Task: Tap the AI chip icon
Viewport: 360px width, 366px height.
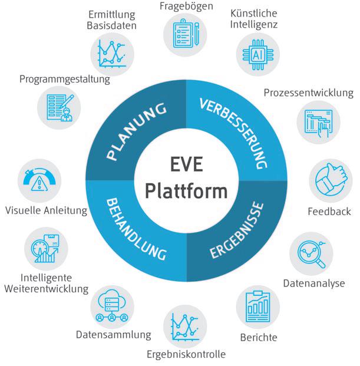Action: click(x=257, y=54)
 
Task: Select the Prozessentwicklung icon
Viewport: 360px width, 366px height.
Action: click(x=318, y=123)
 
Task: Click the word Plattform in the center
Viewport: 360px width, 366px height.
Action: click(x=186, y=192)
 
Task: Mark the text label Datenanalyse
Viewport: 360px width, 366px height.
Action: click(x=313, y=283)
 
